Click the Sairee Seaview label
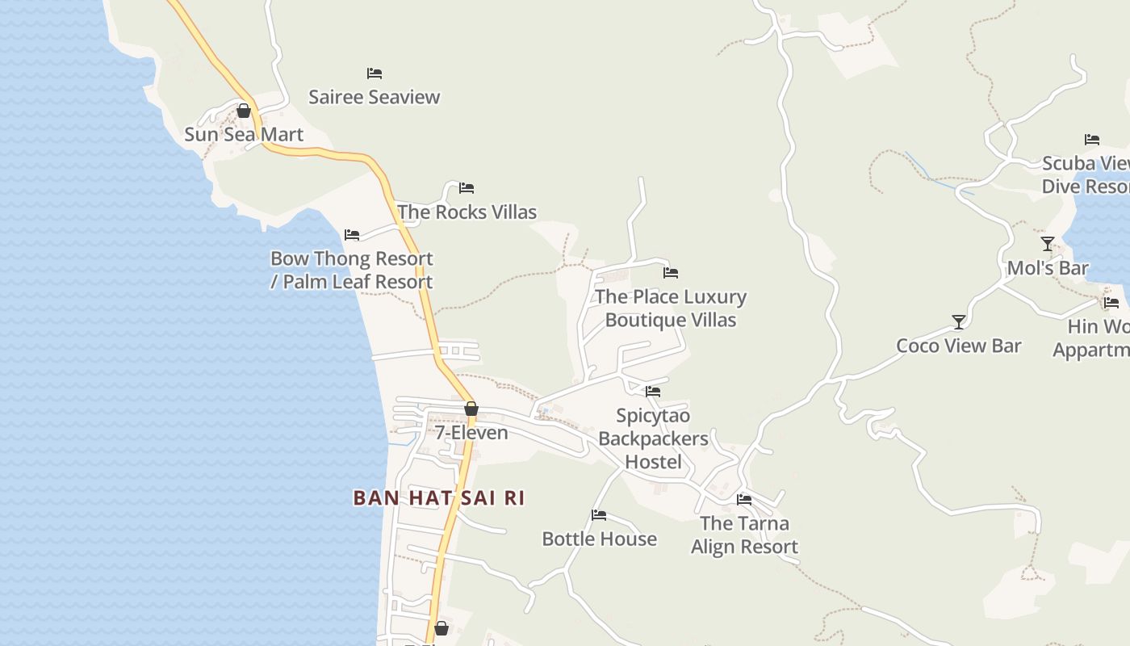pyautogui.click(x=375, y=97)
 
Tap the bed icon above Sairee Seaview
pyautogui.click(x=375, y=73)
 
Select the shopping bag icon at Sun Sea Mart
pyautogui.click(x=244, y=111)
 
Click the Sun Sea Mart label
pyautogui.click(x=244, y=134)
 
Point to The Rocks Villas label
pyautogui.click(x=467, y=212)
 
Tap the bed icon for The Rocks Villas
pyautogui.click(x=467, y=188)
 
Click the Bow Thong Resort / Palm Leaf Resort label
pyautogui.click(x=351, y=270)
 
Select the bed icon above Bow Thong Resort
pyautogui.click(x=352, y=235)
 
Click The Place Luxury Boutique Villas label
pyautogui.click(x=671, y=308)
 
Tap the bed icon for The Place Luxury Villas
pyautogui.click(x=671, y=273)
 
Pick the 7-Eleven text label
pyautogui.click(x=471, y=433)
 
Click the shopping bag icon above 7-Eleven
pyautogui.click(x=471, y=409)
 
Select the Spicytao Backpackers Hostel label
pyautogui.click(x=654, y=438)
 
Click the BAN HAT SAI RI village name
pyautogui.click(x=439, y=497)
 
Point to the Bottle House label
pyautogui.click(x=599, y=539)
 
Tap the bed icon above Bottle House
pyautogui.click(x=599, y=514)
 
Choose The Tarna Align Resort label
pyautogui.click(x=744, y=535)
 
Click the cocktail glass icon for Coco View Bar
pyautogui.click(x=959, y=322)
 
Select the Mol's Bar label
pyautogui.click(x=1048, y=268)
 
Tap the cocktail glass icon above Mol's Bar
pyautogui.click(x=1048, y=244)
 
